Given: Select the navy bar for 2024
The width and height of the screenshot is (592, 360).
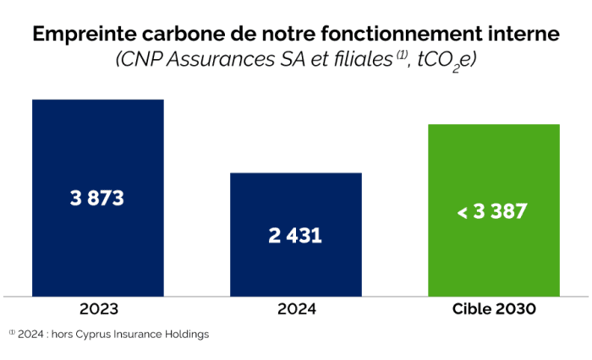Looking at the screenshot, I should (296, 203).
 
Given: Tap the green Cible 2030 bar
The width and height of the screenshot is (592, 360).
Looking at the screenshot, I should (494, 169).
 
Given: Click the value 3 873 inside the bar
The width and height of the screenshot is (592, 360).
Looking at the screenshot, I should (97, 199).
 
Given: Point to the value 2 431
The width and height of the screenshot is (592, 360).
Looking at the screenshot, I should (295, 236).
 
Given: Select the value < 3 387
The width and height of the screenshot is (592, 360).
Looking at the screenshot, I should (492, 211).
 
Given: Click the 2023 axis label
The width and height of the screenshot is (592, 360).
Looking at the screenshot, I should (98, 309).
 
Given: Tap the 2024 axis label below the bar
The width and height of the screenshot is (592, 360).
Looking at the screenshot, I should (296, 309).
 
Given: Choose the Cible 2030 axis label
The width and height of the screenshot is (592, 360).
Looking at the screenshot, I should (494, 309).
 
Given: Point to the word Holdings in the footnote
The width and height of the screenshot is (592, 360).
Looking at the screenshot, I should (185, 334).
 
